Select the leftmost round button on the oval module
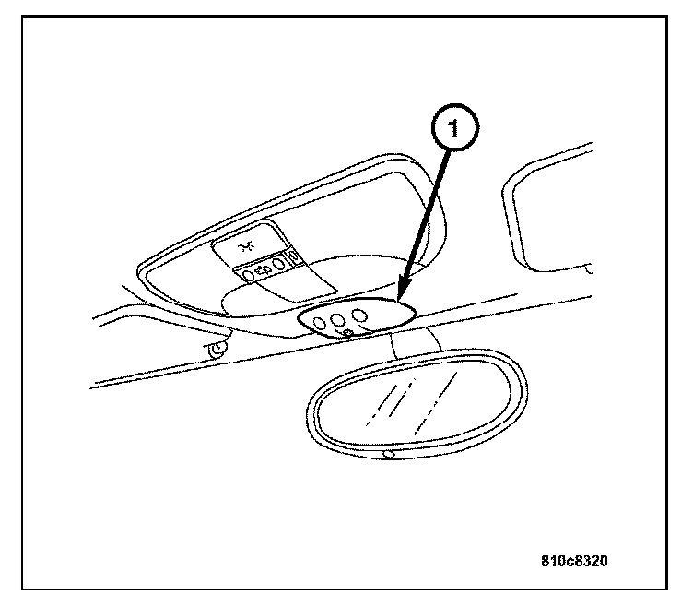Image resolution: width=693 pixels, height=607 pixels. point(318,323)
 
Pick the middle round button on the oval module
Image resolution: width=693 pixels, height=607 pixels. point(338,319)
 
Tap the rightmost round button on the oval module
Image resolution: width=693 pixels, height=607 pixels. point(360,315)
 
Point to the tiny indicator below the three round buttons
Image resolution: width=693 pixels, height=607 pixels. point(346,332)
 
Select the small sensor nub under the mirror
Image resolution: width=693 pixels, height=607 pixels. point(390,455)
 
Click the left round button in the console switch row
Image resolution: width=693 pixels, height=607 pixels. point(248,274)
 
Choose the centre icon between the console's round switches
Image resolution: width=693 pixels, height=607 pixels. point(263,272)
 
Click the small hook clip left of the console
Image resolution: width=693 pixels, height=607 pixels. point(217,349)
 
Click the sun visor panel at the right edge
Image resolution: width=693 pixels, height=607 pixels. point(553,212)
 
